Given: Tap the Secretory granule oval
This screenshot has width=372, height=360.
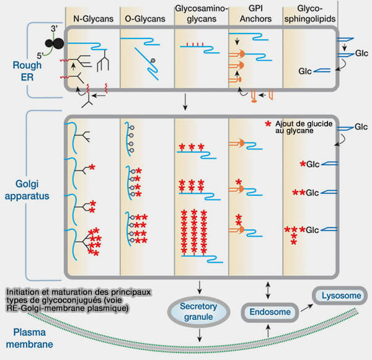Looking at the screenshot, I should [200, 311].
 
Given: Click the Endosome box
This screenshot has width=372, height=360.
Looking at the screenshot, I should [268, 312].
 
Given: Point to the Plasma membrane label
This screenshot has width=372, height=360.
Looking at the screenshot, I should [30, 338].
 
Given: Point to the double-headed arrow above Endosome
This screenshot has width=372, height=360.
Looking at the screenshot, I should [267, 288].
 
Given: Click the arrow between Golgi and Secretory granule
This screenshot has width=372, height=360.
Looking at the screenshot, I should [200, 287].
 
